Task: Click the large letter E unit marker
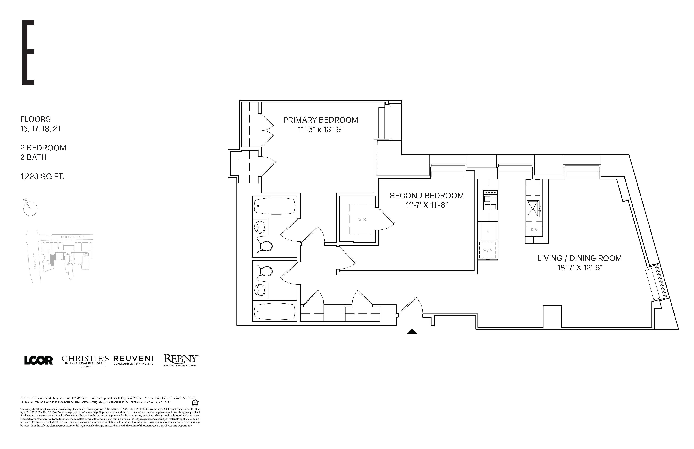(x=28, y=53)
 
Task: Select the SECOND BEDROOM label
(x=427, y=196)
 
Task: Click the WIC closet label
(x=363, y=220)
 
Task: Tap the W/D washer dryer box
(x=488, y=250)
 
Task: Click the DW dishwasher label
(x=534, y=229)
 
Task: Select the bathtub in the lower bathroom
(x=275, y=312)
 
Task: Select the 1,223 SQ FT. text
(x=42, y=176)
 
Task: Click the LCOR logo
(x=39, y=360)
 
